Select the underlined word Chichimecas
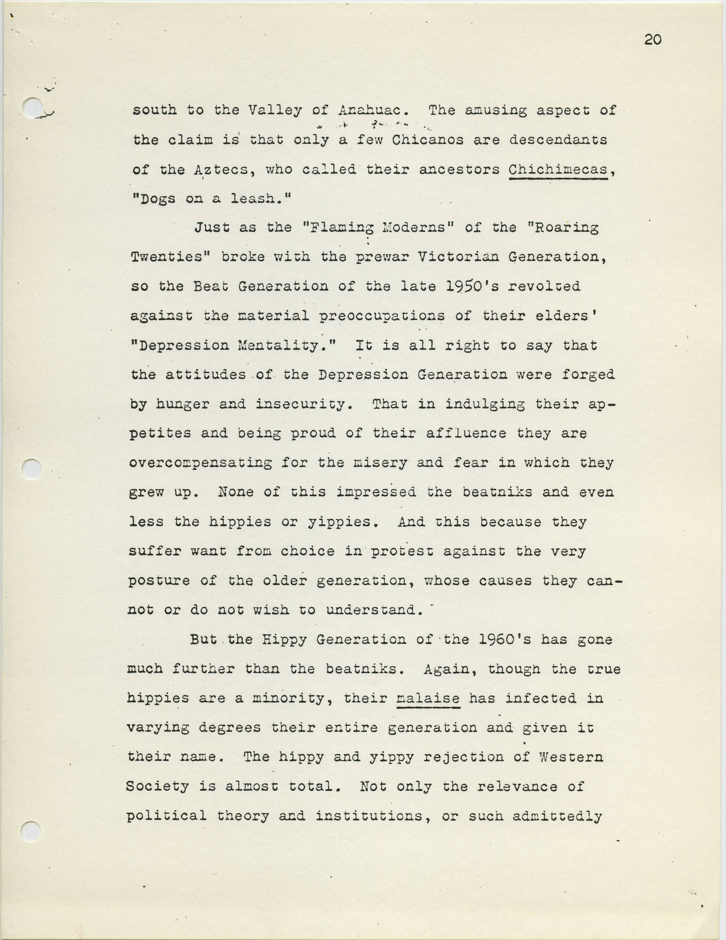558,170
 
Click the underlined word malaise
428,698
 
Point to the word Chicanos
428,140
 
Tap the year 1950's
472,287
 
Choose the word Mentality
286,346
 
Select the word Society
158,787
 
